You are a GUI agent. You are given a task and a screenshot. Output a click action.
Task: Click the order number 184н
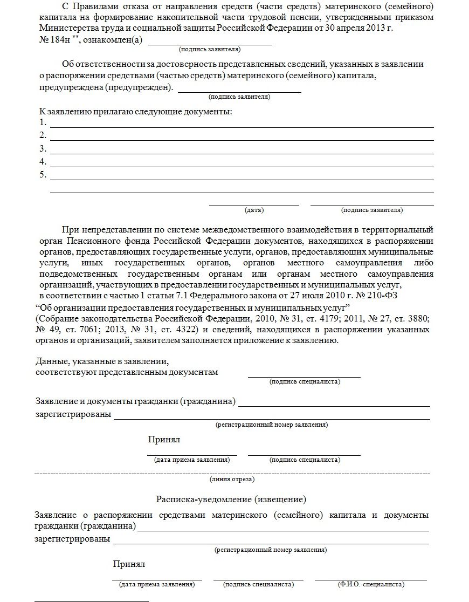click(x=54, y=40)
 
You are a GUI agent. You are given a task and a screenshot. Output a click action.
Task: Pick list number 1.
click(x=43, y=122)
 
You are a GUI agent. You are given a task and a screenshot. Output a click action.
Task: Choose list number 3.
click(x=43, y=149)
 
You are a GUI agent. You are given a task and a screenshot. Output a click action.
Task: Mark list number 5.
click(x=43, y=175)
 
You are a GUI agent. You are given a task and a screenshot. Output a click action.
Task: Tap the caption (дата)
click(x=254, y=210)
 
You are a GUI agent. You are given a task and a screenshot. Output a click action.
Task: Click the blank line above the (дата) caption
click(x=254, y=205)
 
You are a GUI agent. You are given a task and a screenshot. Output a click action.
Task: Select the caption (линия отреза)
click(x=232, y=479)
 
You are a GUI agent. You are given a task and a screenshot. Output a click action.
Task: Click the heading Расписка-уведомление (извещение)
click(x=231, y=498)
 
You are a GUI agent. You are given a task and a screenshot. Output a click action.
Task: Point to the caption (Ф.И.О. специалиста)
click(x=371, y=584)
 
